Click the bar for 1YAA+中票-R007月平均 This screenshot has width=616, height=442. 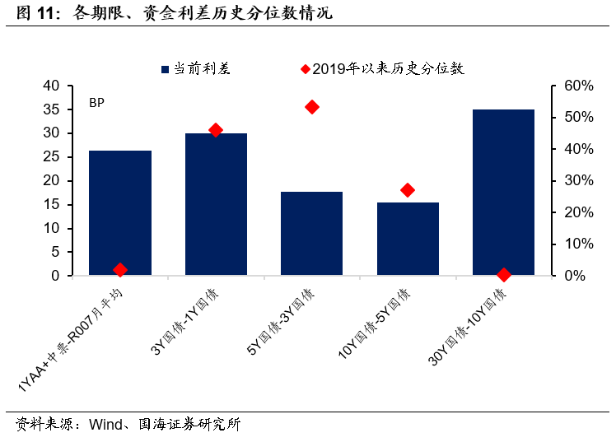[x=120, y=212]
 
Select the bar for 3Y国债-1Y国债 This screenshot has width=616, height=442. [x=216, y=204]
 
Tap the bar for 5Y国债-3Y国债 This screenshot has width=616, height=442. [x=311, y=234]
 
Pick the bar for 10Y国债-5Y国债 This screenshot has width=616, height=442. [x=408, y=239]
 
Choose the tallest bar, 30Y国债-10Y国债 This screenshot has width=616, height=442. [x=504, y=193]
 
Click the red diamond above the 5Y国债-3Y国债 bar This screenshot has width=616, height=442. [x=312, y=107]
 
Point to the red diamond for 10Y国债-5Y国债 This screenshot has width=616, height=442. [x=408, y=190]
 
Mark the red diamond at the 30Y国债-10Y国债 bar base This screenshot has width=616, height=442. [x=504, y=275]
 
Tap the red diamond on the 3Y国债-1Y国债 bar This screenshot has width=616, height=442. [x=216, y=130]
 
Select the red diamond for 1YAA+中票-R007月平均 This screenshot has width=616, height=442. [x=120, y=270]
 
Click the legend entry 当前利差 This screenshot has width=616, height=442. [x=196, y=69]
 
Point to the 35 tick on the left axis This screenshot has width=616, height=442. [x=51, y=109]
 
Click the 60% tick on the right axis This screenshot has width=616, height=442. [x=579, y=86]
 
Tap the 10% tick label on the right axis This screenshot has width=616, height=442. [x=579, y=244]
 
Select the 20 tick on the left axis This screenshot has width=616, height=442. [x=51, y=181]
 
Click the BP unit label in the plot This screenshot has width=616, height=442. [x=96, y=103]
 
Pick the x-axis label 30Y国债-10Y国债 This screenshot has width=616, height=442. [x=468, y=327]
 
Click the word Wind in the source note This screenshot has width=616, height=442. [x=105, y=425]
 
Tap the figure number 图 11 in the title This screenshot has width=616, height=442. [x=35, y=13]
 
